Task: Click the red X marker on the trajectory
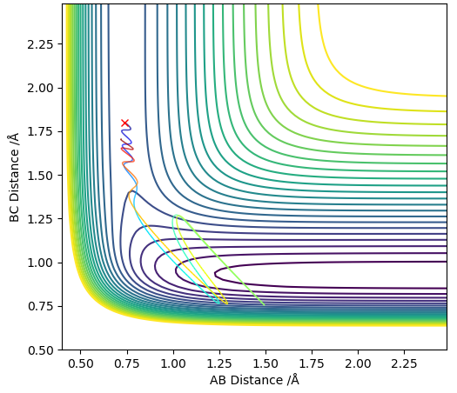coord(125,123)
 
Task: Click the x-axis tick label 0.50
coord(81,363)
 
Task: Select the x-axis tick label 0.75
coord(127,363)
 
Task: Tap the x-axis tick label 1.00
coord(173,363)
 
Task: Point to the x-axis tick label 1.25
coord(219,363)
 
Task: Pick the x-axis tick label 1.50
coord(265,363)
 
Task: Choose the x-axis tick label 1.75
coord(312,363)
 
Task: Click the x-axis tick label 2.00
coord(358,363)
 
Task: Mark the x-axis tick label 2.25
coord(404,363)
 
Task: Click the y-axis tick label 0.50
coord(41,350)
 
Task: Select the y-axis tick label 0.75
coord(41,307)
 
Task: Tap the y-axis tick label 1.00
coord(41,263)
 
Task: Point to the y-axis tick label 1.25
coord(41,219)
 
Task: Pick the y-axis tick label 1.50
coord(41,176)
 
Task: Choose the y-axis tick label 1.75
coord(41,132)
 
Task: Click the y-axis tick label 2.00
coord(41,88)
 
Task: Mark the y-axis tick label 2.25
coord(41,44)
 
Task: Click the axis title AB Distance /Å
coord(254,380)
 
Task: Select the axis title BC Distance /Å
coord(14,177)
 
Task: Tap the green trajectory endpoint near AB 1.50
coord(264,305)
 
